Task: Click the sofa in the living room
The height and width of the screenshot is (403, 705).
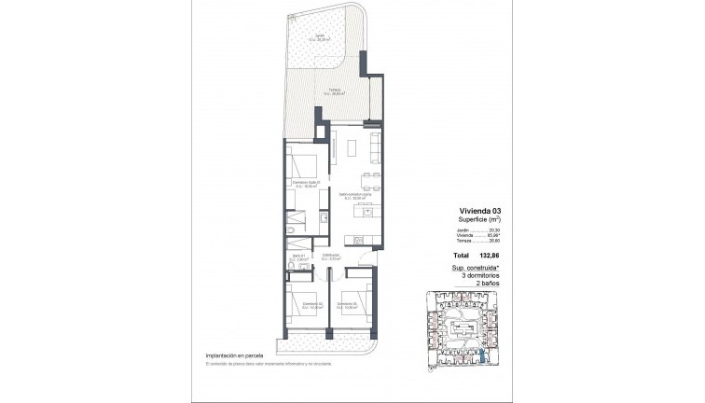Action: pos(375,147)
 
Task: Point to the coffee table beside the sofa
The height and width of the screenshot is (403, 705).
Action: pos(353,147)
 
